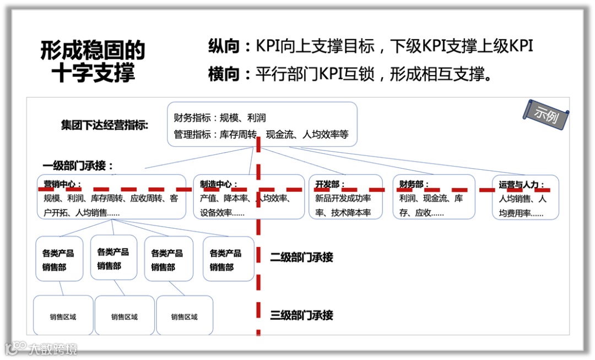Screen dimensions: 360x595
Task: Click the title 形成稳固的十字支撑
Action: (93, 61)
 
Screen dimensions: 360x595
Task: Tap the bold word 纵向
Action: (225, 46)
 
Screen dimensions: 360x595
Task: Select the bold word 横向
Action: (225, 74)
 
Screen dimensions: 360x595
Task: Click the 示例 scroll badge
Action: (546, 114)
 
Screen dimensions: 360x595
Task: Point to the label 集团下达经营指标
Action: (105, 125)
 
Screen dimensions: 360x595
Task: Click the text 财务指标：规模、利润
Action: (220, 118)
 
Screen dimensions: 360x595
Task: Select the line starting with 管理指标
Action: (261, 134)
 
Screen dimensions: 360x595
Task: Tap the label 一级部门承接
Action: (78, 165)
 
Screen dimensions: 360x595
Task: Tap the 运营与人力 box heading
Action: (522, 185)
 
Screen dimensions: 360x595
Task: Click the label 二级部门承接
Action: (301, 257)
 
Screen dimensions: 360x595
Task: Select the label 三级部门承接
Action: (301, 315)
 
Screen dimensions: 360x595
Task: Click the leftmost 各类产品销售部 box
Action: (58, 259)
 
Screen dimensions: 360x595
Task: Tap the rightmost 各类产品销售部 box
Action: (228, 259)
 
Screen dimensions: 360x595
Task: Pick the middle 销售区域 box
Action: (125, 316)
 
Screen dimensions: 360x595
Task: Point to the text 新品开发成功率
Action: (343, 198)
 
